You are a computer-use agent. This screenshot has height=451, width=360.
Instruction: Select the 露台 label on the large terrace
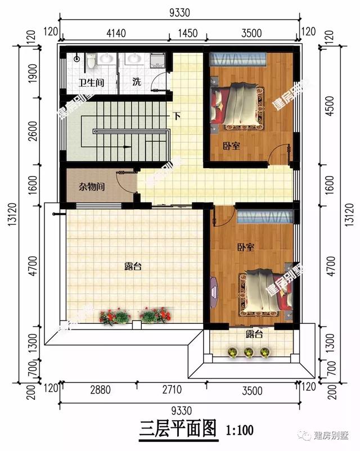pos(132,267)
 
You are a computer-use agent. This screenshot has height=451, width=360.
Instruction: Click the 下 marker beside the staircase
pos(177,117)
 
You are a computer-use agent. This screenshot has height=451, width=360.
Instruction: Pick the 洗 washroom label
pos(136,82)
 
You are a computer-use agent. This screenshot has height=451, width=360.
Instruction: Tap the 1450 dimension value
pos(187,33)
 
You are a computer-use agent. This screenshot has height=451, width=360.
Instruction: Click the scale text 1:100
pos(241,431)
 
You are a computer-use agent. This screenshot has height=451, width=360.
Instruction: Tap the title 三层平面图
pos(178,430)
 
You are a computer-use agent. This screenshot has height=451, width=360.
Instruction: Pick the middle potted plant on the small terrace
pos(248,352)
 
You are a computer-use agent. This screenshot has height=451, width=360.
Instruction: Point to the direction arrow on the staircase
pos(126,146)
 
